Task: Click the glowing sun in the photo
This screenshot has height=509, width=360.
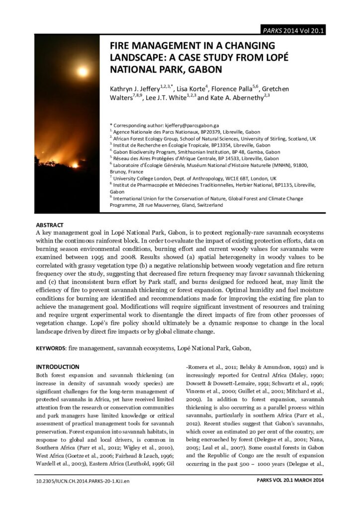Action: (x=82, y=71)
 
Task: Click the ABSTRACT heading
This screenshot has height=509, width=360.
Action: (x=50, y=225)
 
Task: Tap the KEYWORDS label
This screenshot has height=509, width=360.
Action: (x=51, y=348)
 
